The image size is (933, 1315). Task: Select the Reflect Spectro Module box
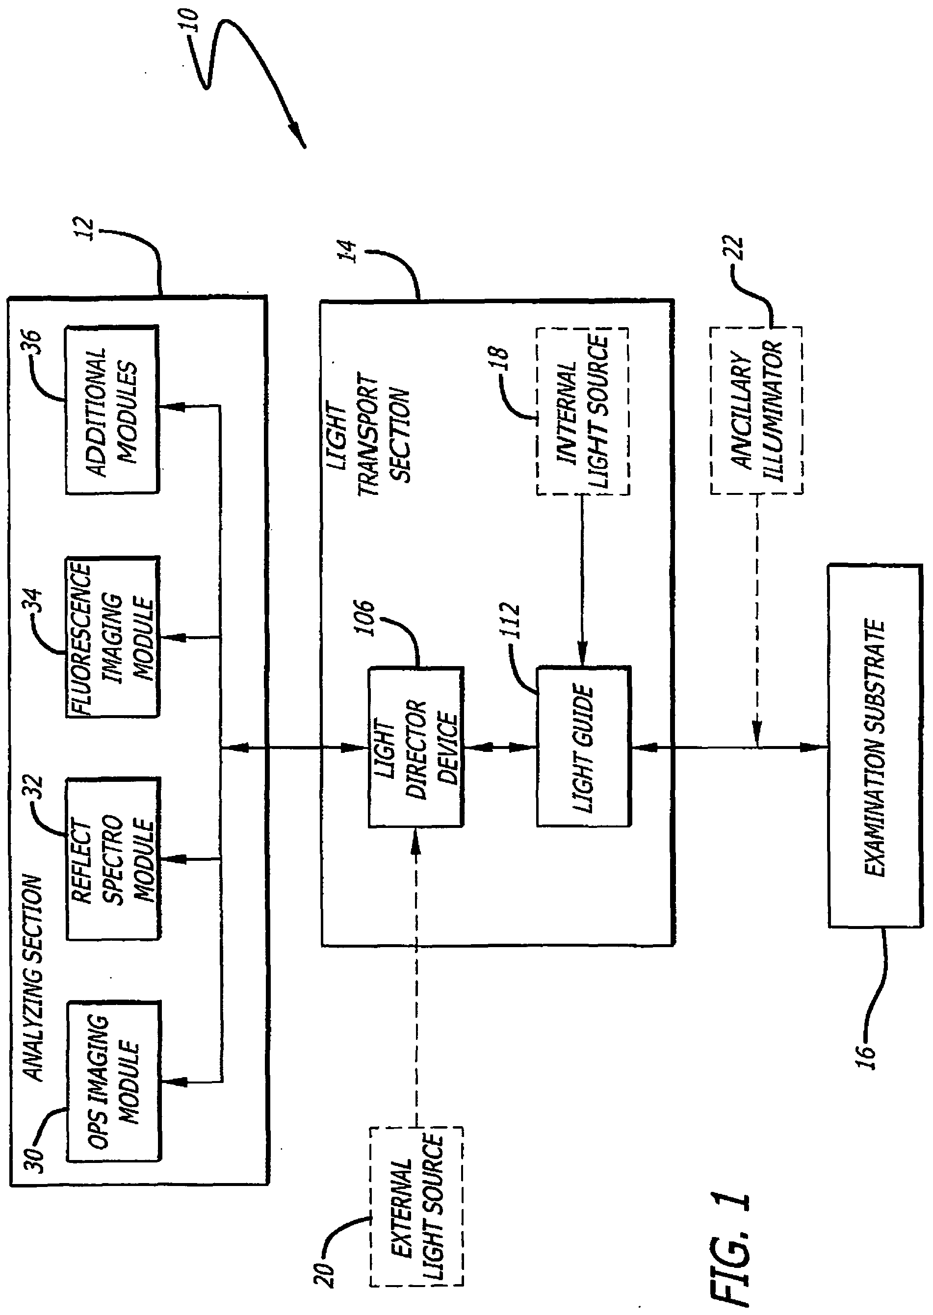point(113,858)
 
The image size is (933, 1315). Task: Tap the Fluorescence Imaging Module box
point(113,637)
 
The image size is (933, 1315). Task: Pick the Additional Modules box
point(112,410)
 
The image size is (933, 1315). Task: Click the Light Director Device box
point(415,747)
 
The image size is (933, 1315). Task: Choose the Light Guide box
point(583,747)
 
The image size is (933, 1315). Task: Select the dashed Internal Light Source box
point(583,412)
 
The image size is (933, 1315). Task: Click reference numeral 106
point(363,618)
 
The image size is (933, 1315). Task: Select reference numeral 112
point(510,621)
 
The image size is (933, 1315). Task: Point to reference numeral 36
point(32,343)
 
